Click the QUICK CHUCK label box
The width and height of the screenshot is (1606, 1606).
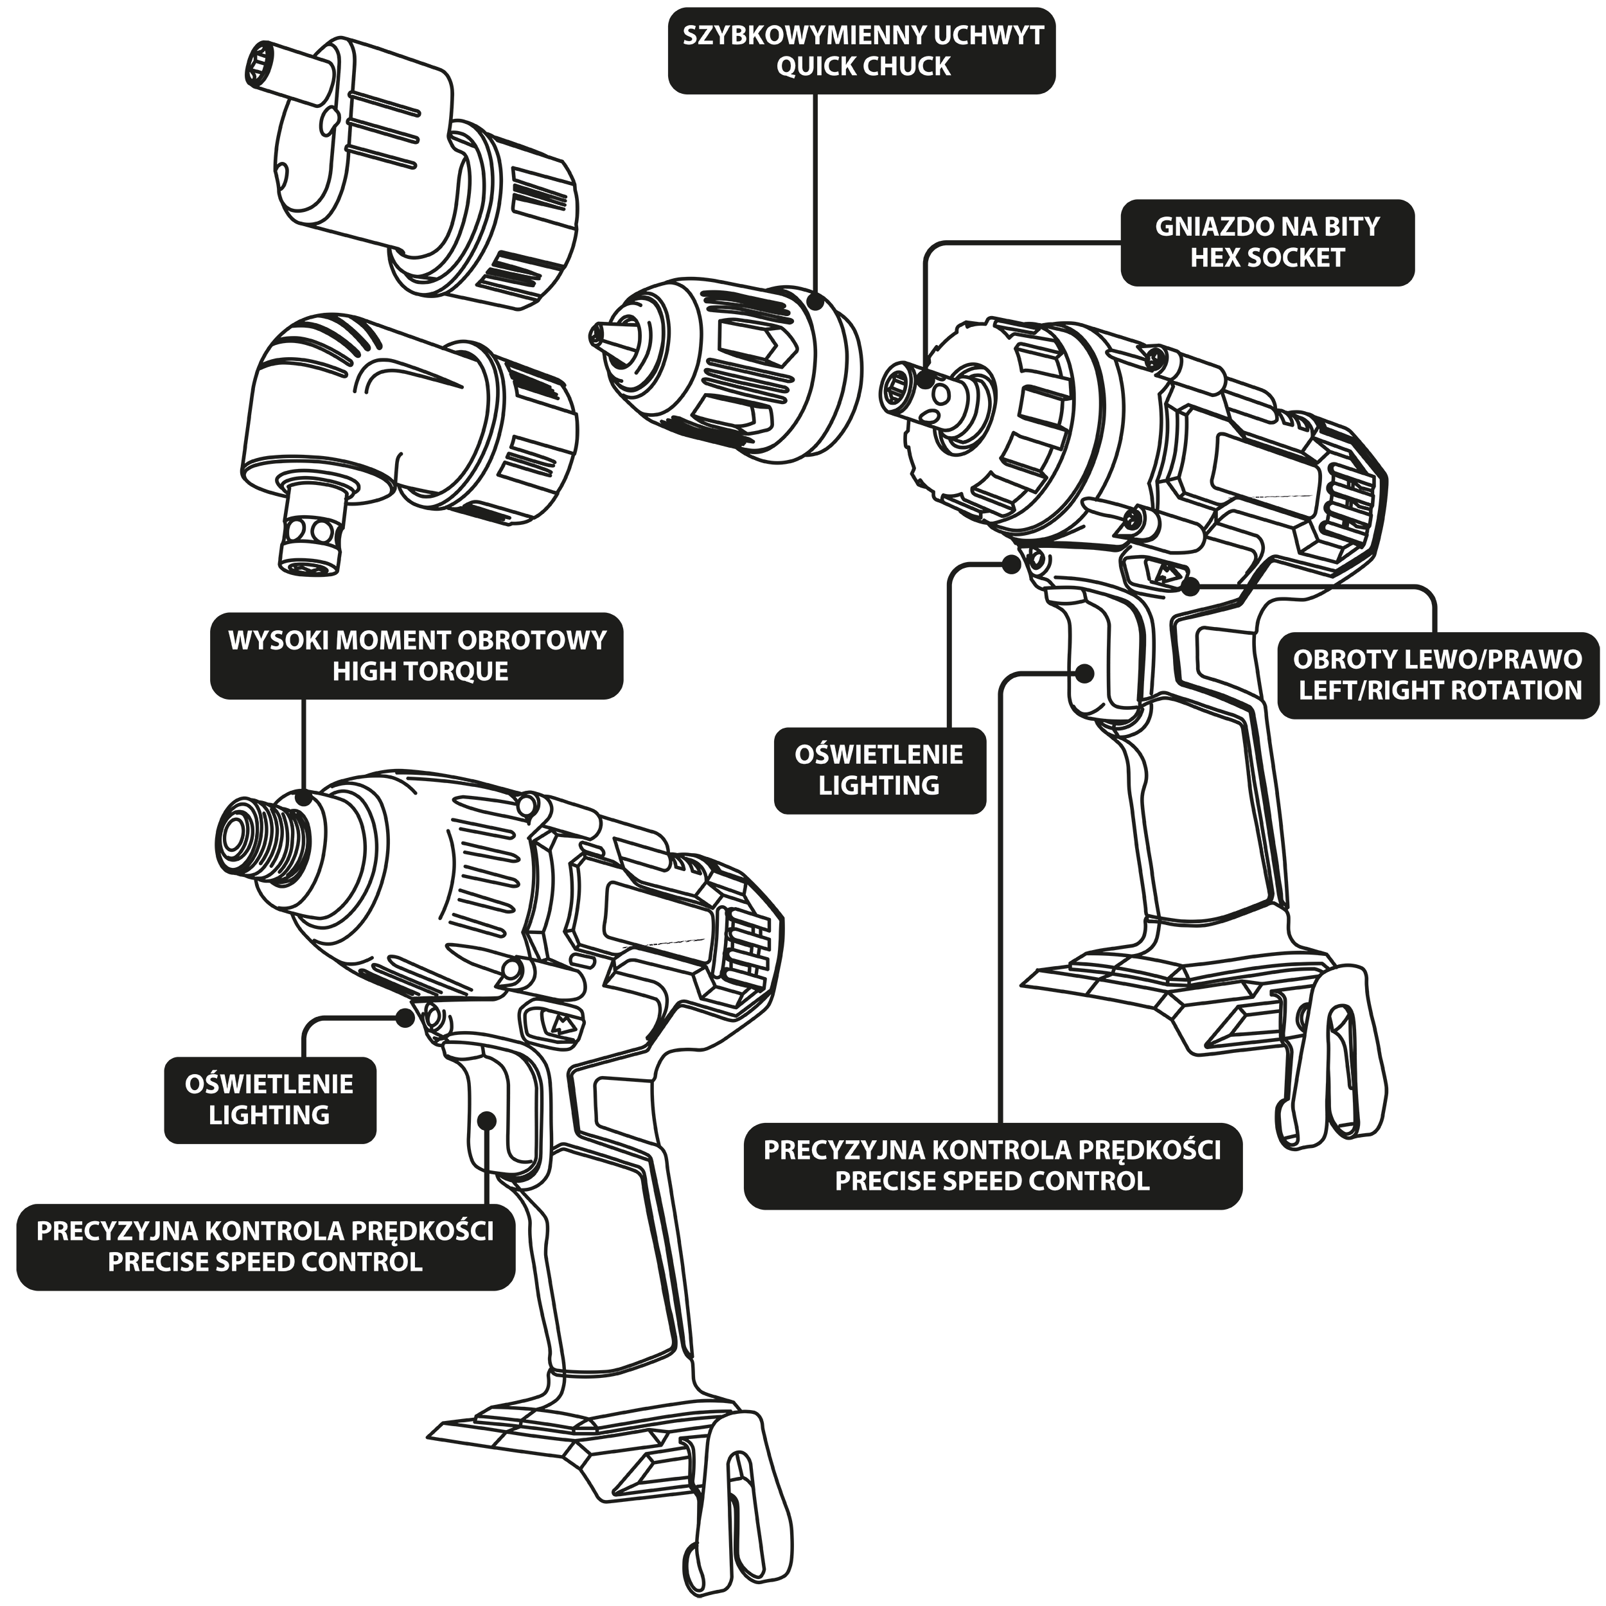tap(861, 51)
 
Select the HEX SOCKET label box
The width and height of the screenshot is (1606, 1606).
tap(1267, 242)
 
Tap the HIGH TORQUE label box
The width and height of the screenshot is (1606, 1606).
tap(416, 656)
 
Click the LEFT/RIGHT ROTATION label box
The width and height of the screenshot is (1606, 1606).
tap(1437, 675)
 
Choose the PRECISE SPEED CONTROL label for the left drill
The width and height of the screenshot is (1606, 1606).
tap(265, 1247)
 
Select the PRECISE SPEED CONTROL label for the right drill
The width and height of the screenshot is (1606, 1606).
tap(993, 1165)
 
